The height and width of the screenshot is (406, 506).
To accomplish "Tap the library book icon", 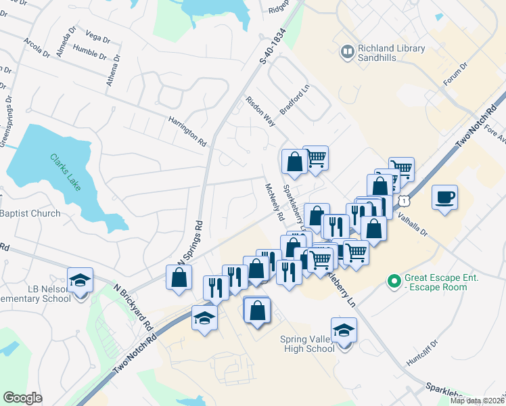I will click(348, 51).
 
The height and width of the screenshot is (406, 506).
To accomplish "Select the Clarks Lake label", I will click(65, 172).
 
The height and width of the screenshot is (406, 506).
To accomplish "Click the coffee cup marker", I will click(444, 198).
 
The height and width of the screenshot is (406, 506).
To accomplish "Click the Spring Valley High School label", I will click(307, 344).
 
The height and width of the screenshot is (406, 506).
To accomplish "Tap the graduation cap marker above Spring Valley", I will click(344, 331).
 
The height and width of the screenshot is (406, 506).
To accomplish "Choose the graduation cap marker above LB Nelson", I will click(80, 281).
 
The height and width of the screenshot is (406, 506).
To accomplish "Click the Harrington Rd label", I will click(187, 131).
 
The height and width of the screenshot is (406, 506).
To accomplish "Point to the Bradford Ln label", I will click(294, 101).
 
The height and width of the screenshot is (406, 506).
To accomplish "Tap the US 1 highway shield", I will click(404, 201).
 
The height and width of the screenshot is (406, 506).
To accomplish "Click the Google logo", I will click(23, 398).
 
